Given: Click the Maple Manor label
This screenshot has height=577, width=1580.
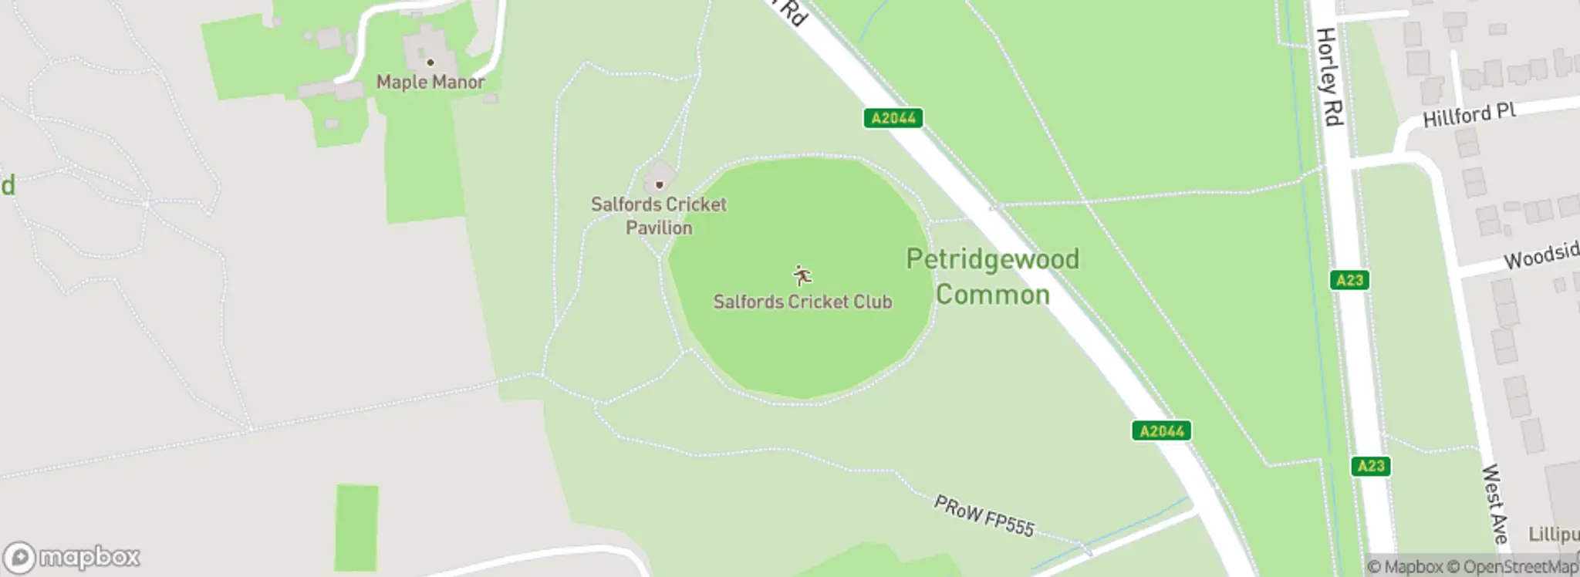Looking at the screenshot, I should pos(430,82).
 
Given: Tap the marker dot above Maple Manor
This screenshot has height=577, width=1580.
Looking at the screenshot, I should pos(430,62).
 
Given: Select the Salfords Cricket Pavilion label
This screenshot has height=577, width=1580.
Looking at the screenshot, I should pos(658,216).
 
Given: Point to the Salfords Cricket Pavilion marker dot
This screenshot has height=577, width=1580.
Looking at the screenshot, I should pos(659,185).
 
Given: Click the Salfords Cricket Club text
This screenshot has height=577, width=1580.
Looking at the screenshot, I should pos(802,302).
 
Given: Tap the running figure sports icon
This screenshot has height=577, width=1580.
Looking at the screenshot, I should pos(802,275).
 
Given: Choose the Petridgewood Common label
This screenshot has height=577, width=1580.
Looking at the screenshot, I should pos(992,276).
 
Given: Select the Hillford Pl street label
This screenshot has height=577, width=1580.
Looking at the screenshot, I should pos(1469,116).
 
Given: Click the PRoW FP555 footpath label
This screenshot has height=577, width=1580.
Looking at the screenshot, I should pos(984,516).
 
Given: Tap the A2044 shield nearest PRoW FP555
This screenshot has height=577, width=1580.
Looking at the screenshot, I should pos(1161,430).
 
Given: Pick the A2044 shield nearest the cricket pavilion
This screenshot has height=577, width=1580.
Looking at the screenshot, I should pos(893,118).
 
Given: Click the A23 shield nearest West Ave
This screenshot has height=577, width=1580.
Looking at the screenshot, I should pos(1370,466).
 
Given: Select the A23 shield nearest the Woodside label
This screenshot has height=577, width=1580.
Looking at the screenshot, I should pos(1349,280).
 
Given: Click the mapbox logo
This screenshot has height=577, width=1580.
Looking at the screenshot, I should pos(72,557).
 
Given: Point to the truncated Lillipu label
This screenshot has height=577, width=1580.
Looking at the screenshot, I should pos(1554,535).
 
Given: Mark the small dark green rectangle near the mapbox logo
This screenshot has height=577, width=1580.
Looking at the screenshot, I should pos(356,528).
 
